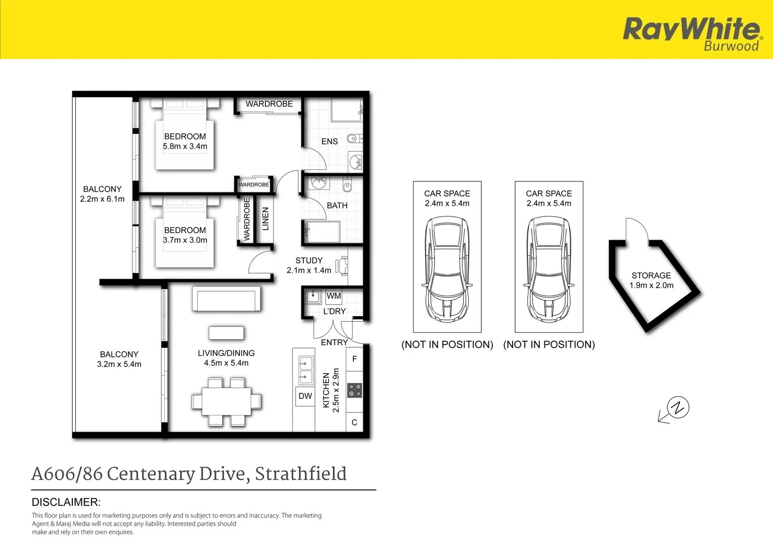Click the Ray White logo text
pos(691,29)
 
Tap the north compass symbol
pos(677,407)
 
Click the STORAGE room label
pos(651,276)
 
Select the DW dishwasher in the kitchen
pos(305,396)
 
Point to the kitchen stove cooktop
pos(354,390)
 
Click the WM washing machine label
pos(334,296)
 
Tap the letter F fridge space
pos(354,359)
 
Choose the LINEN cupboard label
pos(265,219)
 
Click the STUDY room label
pos(309,260)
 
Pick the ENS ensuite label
pos(330,142)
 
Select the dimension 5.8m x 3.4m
pos(185,147)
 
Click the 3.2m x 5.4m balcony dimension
pos(119,364)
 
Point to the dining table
pos(226,401)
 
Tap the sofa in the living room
pos(226,299)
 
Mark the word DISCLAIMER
pos(66,502)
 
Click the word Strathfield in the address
pos(301,474)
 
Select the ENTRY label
pos(334,342)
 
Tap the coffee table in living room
pos(226,333)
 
